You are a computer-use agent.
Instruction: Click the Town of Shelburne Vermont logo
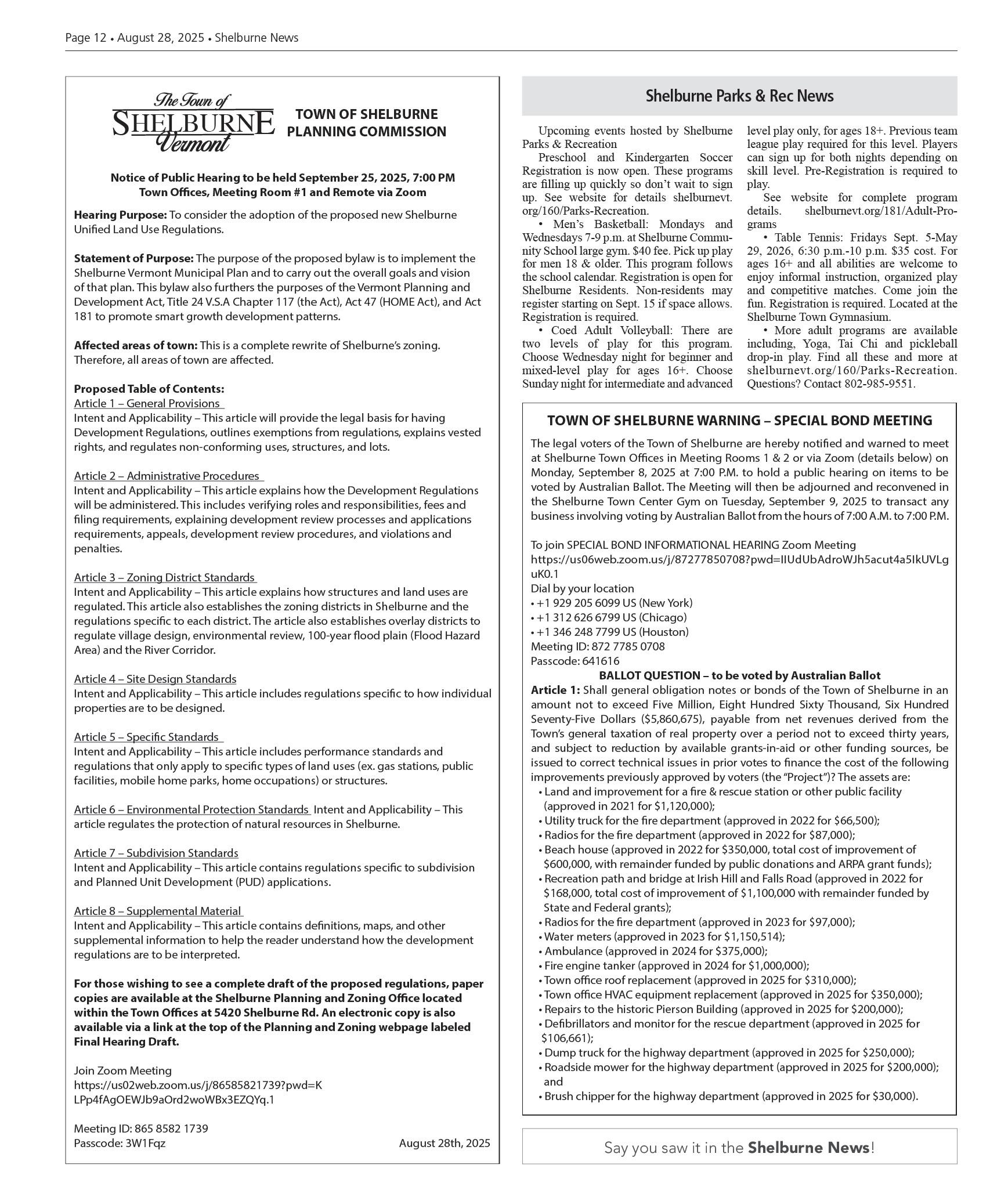[193, 123]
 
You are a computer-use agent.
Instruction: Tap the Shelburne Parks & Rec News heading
[739, 96]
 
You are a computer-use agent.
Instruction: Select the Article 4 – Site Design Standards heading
[155, 679]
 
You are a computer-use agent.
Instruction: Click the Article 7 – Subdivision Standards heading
[156, 853]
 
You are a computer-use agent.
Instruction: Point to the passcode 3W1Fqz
[120, 1143]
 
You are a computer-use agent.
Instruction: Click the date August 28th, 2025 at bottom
[444, 1143]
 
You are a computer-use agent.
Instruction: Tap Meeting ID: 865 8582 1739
[140, 1129]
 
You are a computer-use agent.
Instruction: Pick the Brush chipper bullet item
[731, 1096]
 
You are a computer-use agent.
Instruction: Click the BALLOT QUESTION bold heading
[739, 675]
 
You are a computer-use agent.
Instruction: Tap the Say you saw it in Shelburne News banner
[739, 1147]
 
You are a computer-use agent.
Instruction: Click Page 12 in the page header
[86, 38]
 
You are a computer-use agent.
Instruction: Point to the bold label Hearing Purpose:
[120, 215]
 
